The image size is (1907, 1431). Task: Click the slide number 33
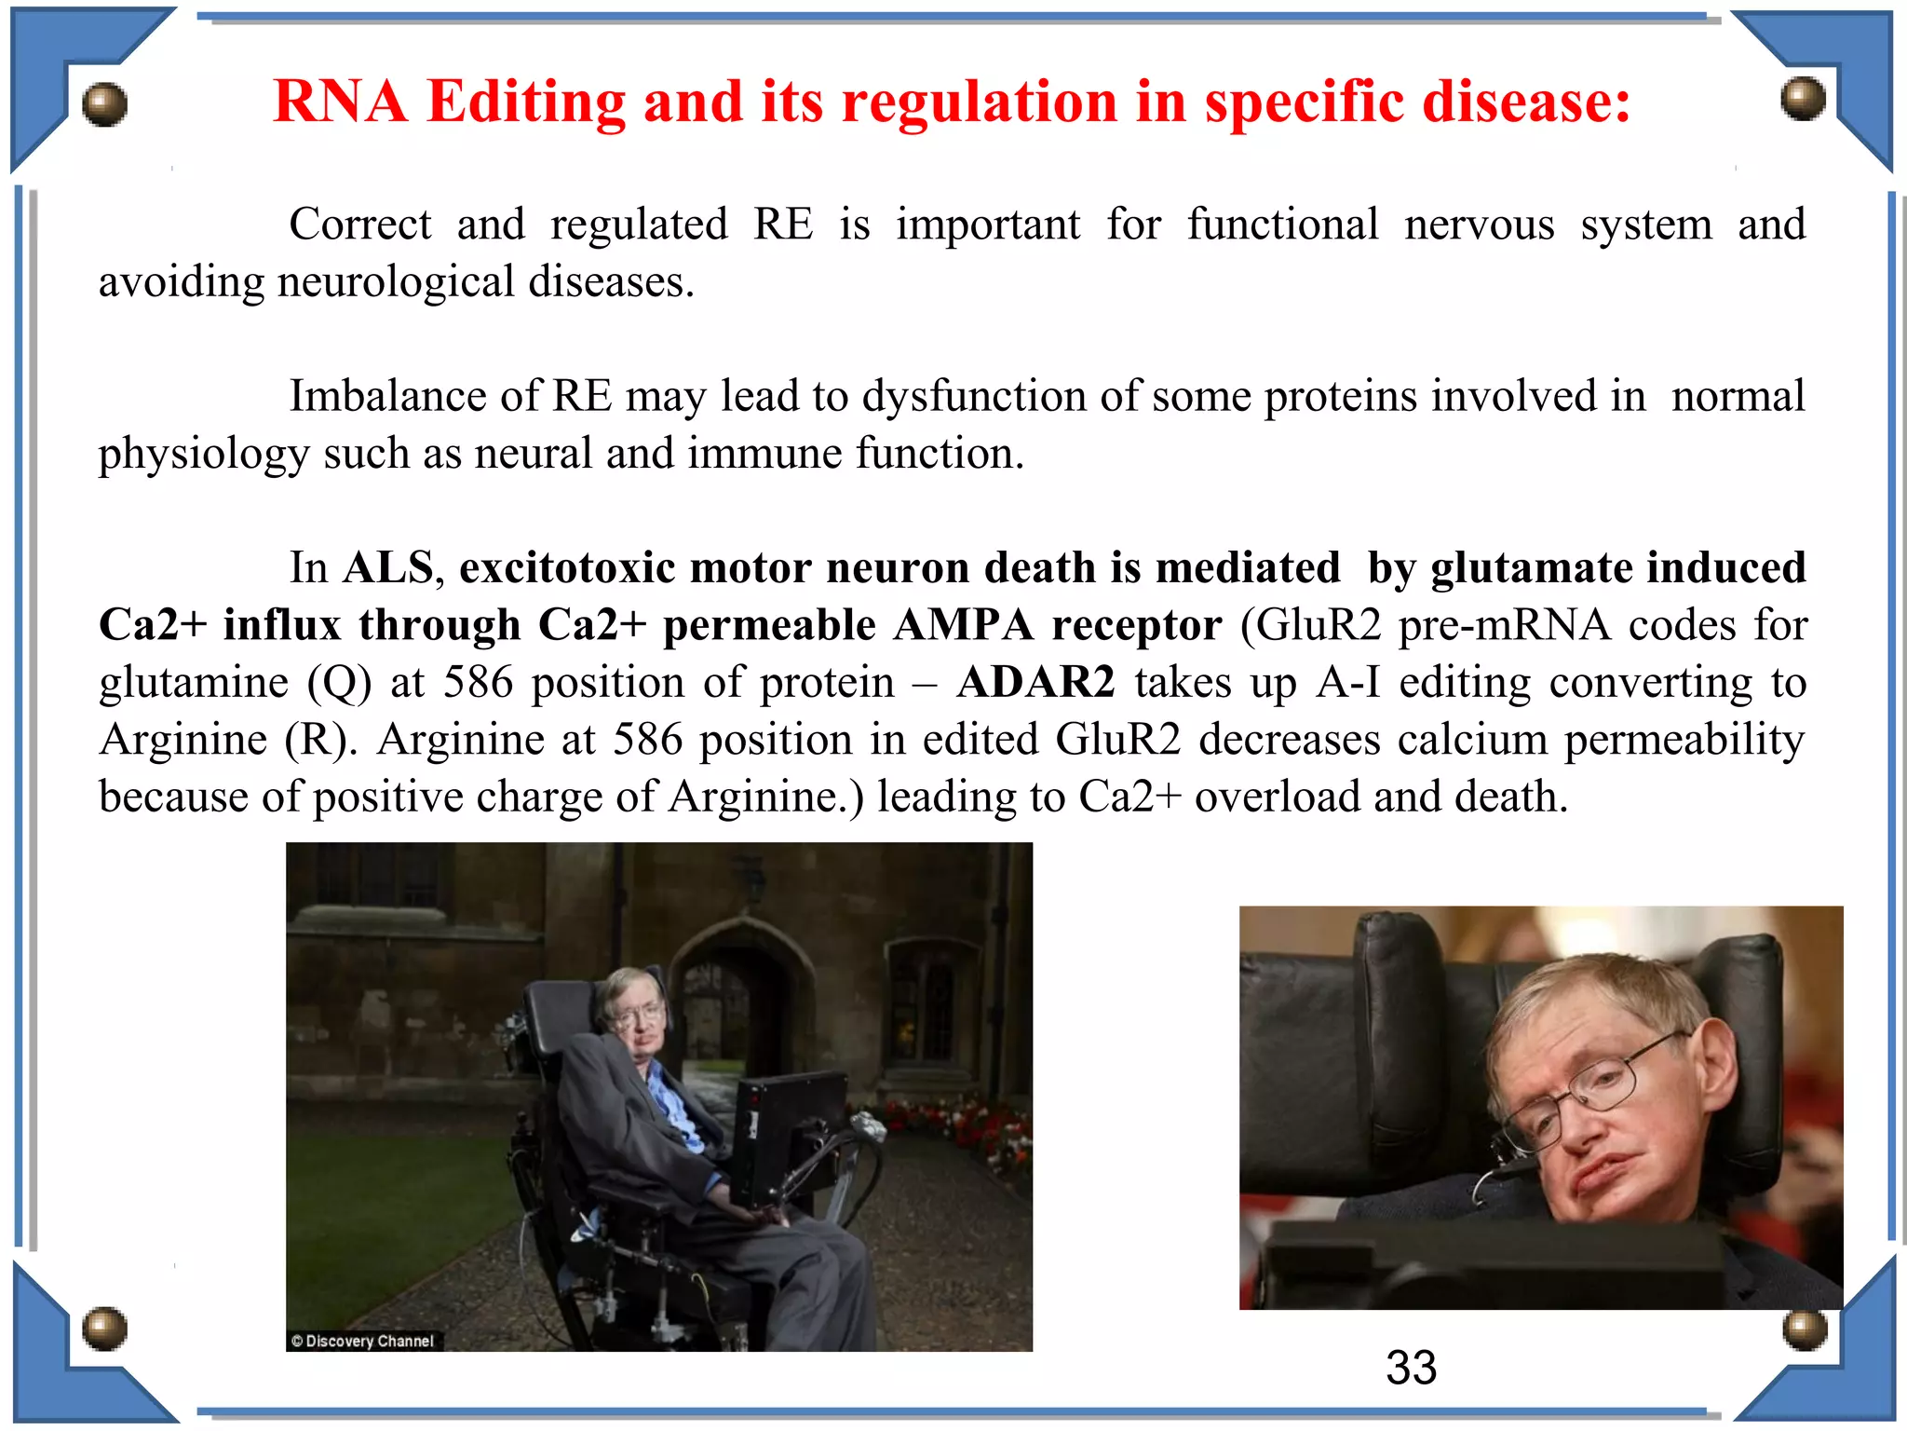click(x=1411, y=1368)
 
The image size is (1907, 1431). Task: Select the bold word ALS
click(x=387, y=567)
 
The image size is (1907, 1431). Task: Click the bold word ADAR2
click(x=1035, y=682)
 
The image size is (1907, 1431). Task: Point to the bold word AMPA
click(x=963, y=625)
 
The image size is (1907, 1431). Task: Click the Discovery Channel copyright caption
click(x=363, y=1341)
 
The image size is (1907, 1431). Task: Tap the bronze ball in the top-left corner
click(x=104, y=103)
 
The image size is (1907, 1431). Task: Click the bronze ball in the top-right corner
click(x=1803, y=98)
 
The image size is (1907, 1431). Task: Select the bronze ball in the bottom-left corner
click(x=104, y=1328)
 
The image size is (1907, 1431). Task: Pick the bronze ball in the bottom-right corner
click(x=1805, y=1329)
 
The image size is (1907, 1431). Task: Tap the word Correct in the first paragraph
click(x=359, y=225)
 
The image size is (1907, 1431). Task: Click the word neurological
click(x=396, y=282)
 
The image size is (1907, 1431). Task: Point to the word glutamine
click(x=194, y=683)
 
